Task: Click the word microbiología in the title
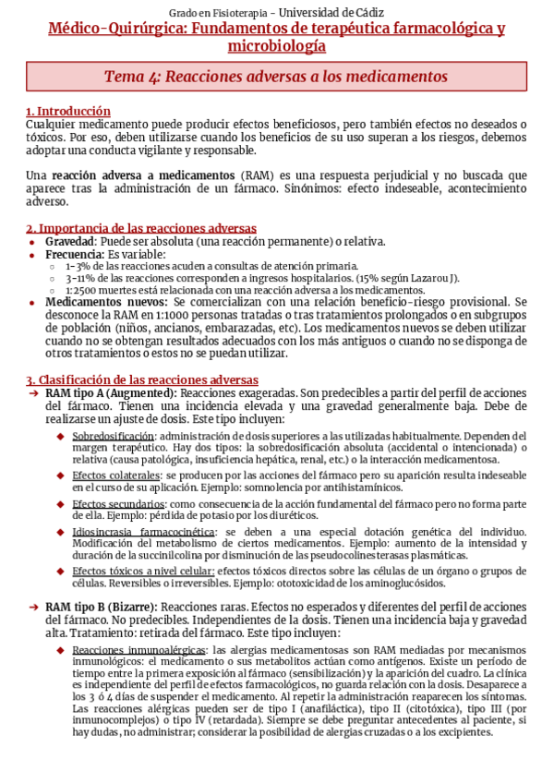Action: [x=276, y=46]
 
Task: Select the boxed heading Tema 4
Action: [x=276, y=77]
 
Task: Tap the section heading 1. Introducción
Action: [x=68, y=112]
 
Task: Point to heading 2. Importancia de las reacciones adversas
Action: [x=141, y=228]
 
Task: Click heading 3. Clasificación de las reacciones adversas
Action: [x=142, y=379]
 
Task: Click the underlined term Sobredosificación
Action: [x=113, y=435]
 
